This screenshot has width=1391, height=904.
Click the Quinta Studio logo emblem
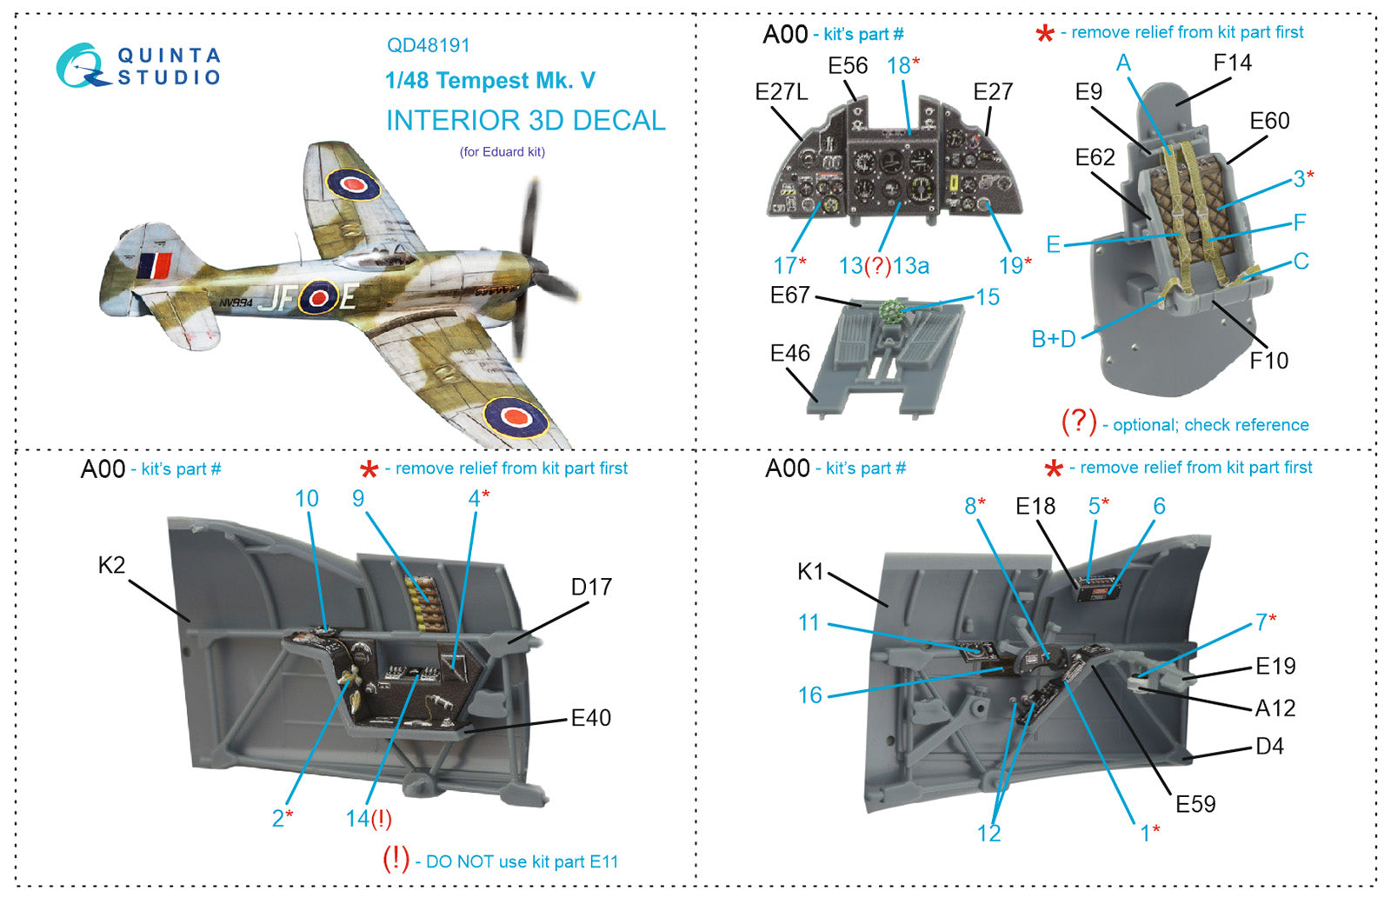click(x=83, y=66)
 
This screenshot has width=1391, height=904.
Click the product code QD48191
click(x=429, y=45)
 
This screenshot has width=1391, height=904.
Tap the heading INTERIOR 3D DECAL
click(x=525, y=120)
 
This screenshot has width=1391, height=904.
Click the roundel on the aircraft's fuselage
click(x=318, y=297)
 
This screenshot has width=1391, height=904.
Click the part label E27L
click(x=781, y=92)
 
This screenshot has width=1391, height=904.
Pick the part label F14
click(x=1232, y=63)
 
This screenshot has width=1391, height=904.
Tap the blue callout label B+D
click(x=1053, y=339)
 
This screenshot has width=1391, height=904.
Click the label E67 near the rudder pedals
click(x=789, y=296)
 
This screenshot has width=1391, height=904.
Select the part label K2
click(x=111, y=565)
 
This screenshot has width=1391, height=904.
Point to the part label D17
click(x=591, y=587)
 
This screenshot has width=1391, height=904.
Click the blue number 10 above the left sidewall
click(x=307, y=498)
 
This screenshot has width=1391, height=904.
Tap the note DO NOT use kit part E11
click(x=521, y=861)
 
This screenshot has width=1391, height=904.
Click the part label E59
click(x=1195, y=804)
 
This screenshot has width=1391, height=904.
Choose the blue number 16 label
click(x=809, y=695)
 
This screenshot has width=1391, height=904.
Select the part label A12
click(x=1275, y=708)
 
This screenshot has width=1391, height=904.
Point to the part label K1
click(x=809, y=571)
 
